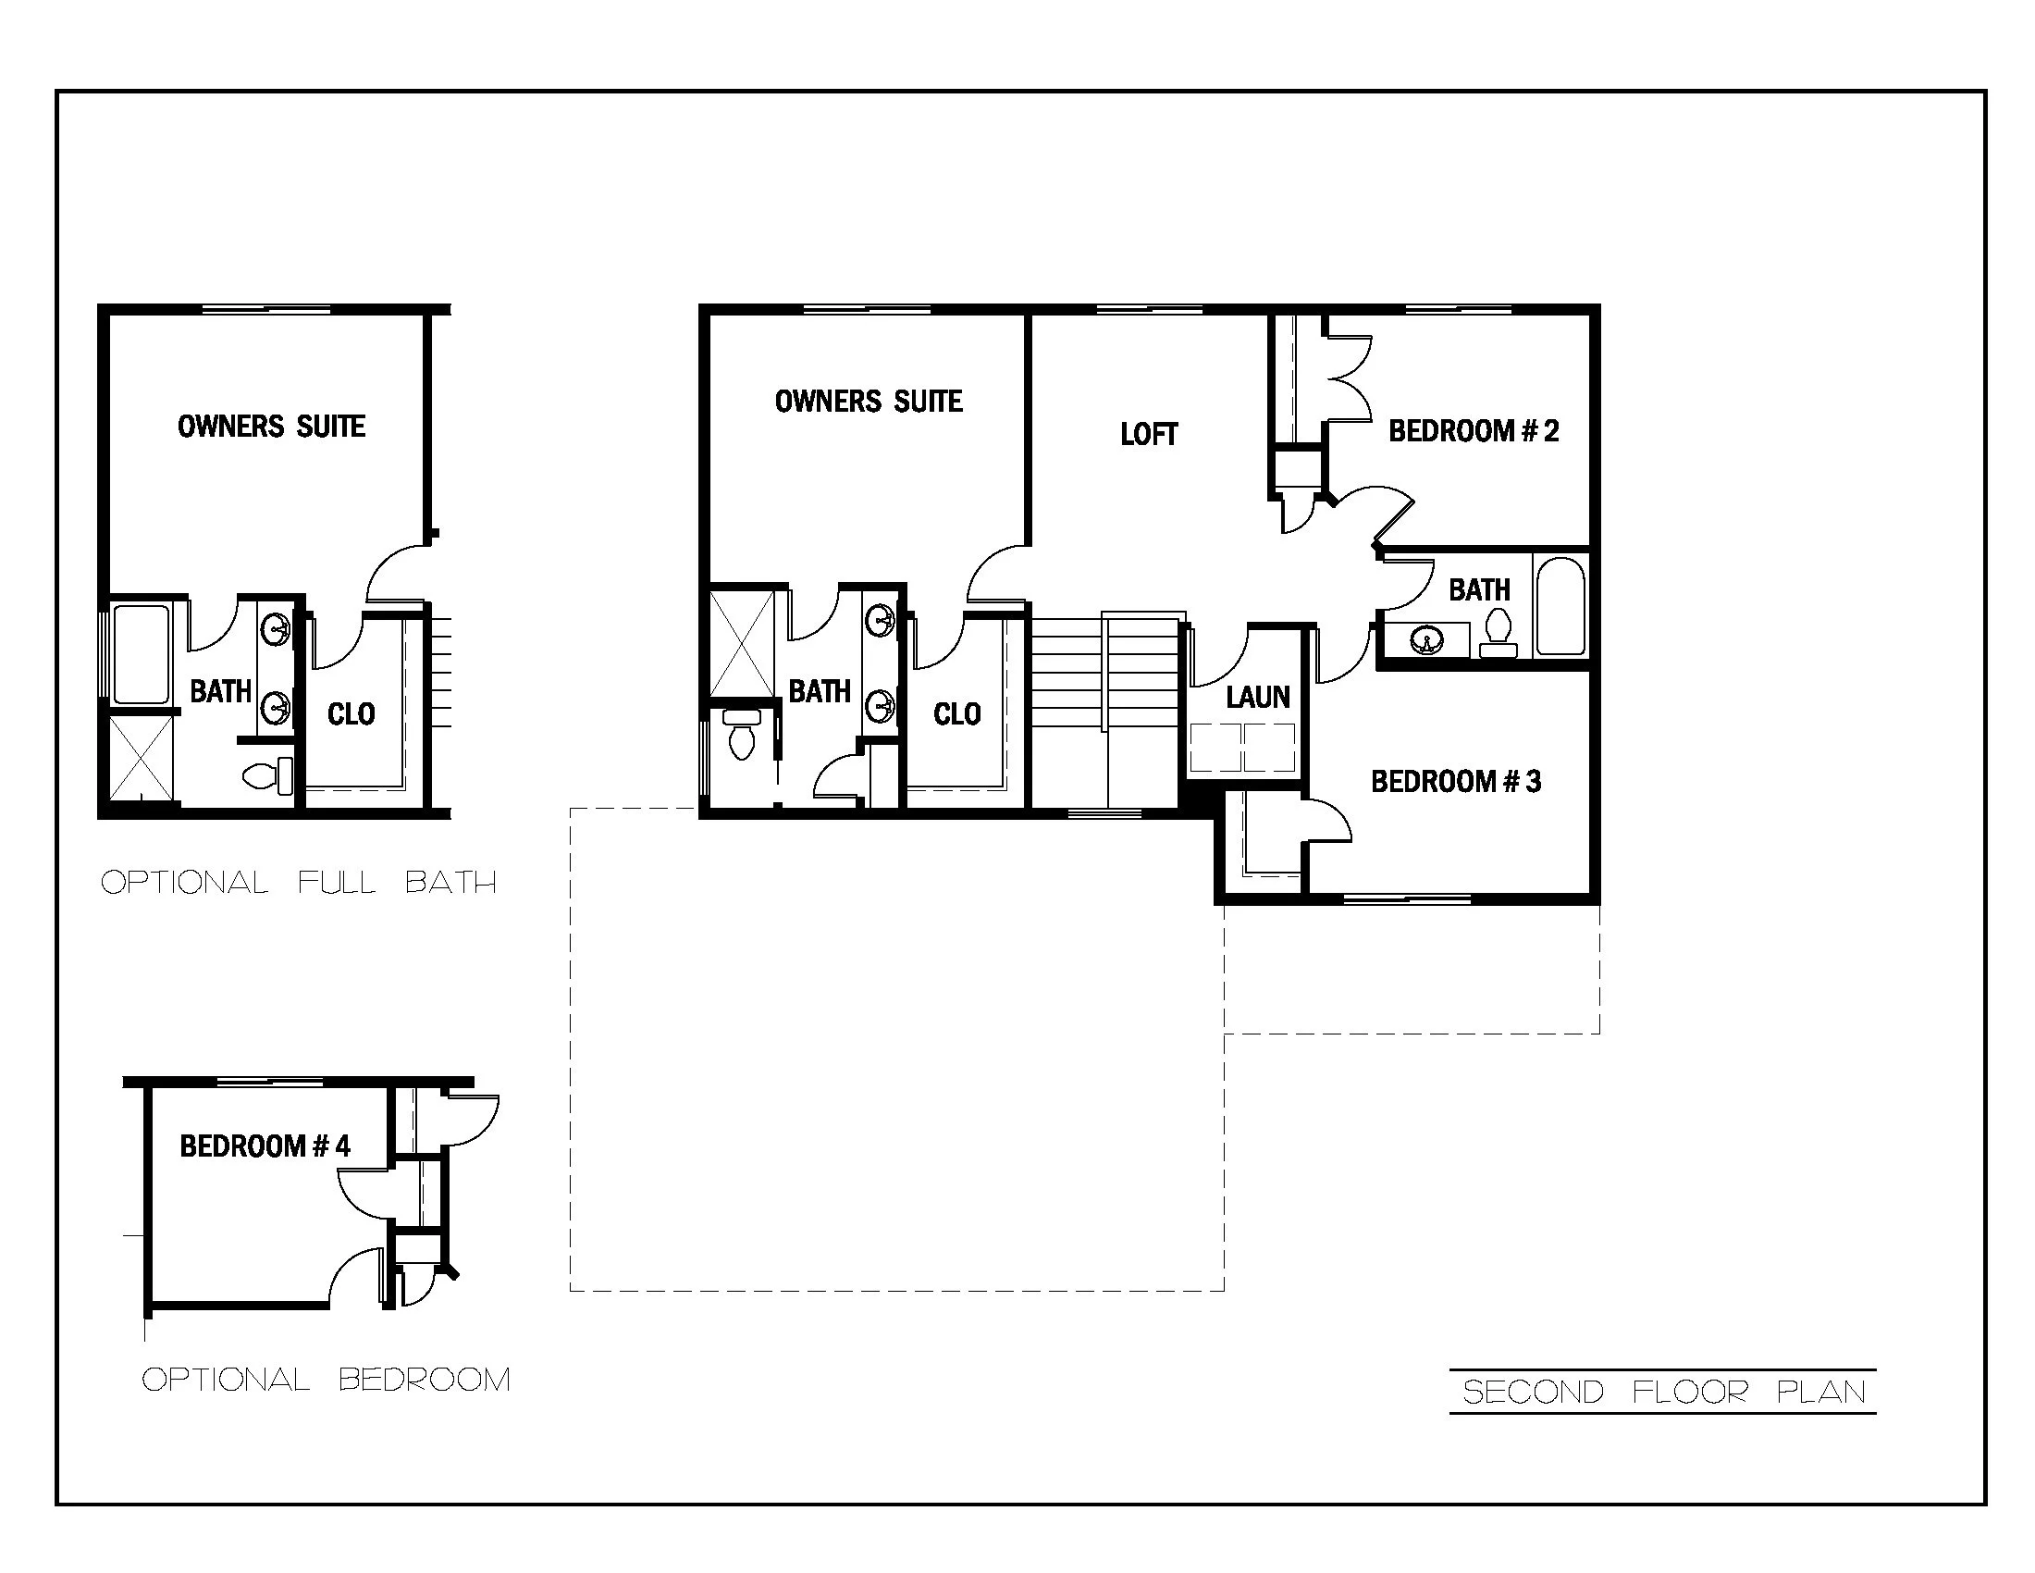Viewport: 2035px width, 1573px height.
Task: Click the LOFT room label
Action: (1148, 434)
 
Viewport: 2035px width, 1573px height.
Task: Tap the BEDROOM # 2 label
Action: (1474, 430)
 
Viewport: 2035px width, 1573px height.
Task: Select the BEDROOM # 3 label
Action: (1455, 781)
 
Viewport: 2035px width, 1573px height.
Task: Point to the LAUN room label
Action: (1257, 697)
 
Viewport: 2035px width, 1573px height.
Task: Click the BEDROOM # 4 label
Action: (265, 1146)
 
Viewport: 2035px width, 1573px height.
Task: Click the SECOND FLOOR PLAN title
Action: (1664, 1393)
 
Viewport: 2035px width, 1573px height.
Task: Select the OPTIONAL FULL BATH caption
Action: (298, 882)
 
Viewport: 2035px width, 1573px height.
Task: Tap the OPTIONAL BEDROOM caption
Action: (326, 1380)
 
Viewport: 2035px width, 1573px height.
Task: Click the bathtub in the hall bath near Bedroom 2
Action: (1560, 606)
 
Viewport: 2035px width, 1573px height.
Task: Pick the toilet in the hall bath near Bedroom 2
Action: (1498, 630)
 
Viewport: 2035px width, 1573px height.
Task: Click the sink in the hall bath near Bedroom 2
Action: (1425, 640)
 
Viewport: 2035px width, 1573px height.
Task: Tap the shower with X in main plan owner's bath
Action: (742, 644)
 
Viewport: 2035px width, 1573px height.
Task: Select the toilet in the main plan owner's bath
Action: (742, 737)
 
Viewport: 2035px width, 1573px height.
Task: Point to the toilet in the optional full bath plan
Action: (265, 774)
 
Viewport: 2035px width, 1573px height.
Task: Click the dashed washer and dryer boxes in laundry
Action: (1242, 748)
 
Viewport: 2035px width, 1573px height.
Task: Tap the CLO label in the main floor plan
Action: (957, 714)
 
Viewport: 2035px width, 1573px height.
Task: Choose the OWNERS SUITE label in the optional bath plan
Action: (271, 427)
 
